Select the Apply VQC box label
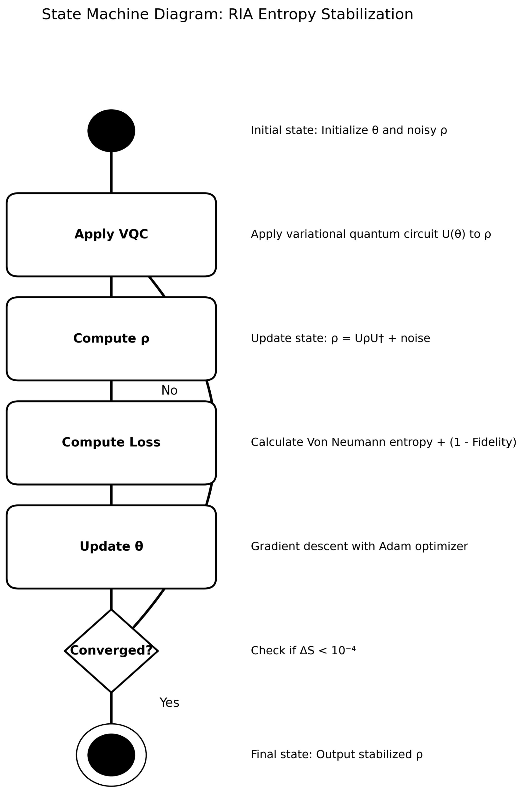coord(111,234)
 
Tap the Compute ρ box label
coord(111,338)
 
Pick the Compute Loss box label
coord(111,442)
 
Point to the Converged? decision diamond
coord(111,650)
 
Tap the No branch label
coord(169,390)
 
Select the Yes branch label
coord(169,703)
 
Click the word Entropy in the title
coord(287,15)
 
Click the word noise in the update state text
coord(415,338)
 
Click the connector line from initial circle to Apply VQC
coord(111,172)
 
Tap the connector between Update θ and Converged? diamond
coord(111,599)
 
